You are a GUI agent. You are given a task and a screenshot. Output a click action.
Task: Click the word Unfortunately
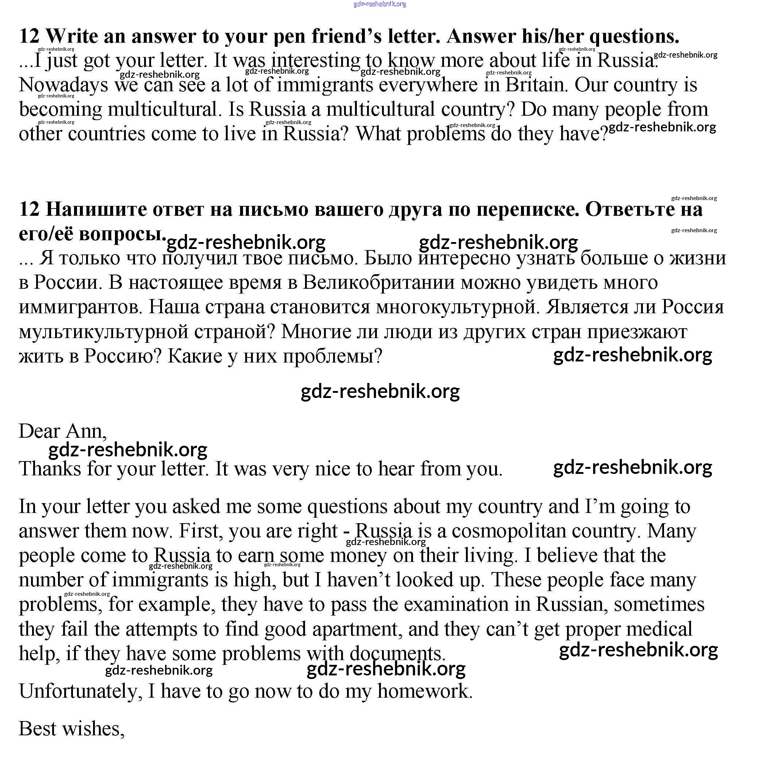pos(78,691)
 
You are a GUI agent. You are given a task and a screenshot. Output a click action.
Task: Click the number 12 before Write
pos(29,37)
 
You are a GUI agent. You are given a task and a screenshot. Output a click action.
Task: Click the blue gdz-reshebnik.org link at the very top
pos(379,4)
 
